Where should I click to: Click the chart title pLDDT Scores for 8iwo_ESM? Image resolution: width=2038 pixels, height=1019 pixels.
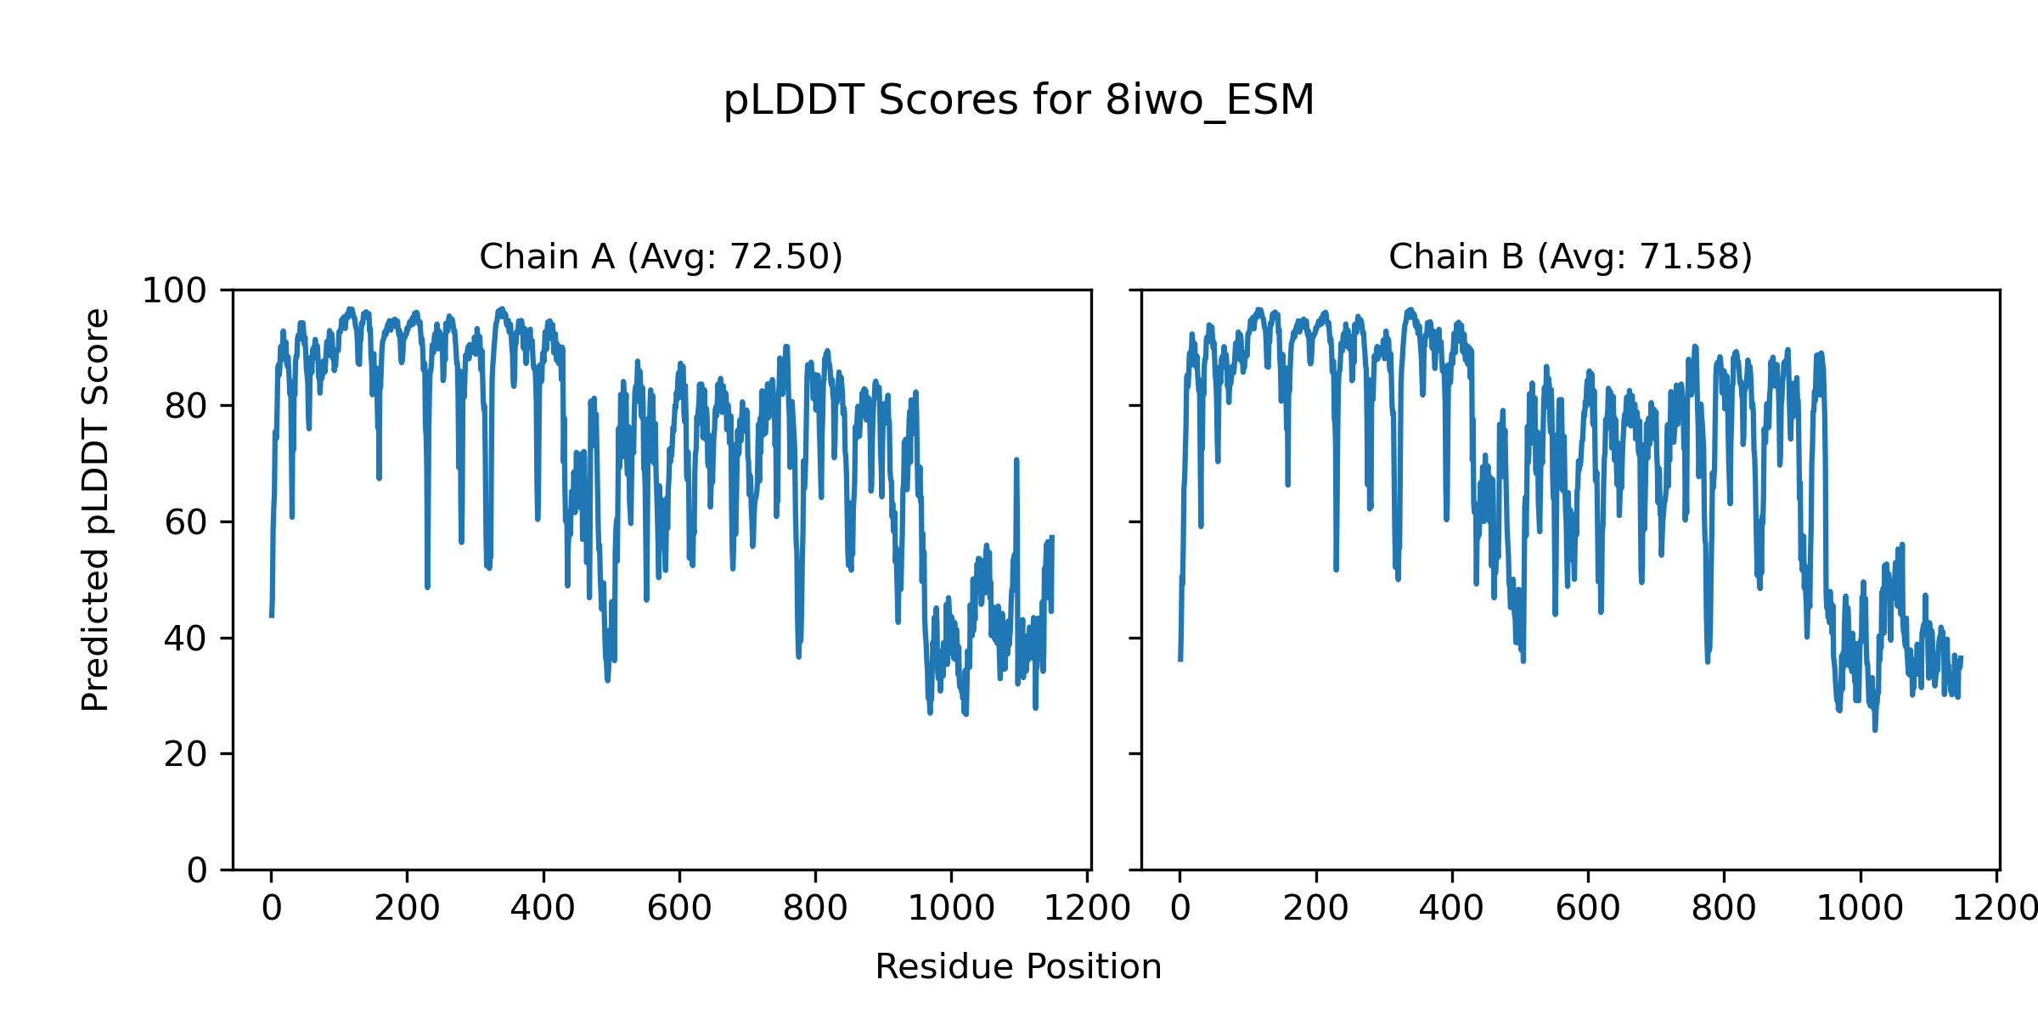[1018, 100]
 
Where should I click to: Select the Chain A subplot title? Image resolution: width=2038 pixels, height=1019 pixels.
[661, 256]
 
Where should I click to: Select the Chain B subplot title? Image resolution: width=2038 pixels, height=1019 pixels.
[1570, 256]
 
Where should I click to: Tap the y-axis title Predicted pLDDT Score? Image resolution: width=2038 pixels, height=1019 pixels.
[95, 509]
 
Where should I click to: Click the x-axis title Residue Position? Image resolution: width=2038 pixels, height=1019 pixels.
[1018, 967]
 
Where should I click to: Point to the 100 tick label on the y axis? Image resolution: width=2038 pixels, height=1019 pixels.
[174, 291]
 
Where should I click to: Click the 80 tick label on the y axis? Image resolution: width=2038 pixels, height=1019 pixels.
[186, 407]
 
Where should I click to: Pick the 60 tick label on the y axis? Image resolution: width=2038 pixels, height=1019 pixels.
[186, 523]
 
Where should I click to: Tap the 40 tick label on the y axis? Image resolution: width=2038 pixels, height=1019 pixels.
[186, 639]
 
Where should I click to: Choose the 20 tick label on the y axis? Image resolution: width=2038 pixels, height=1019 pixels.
[186, 754]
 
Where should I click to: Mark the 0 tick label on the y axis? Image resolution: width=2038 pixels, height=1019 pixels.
[197, 870]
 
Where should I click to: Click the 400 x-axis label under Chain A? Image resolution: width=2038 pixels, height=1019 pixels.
[543, 909]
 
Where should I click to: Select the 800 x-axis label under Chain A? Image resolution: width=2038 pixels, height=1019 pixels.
[815, 909]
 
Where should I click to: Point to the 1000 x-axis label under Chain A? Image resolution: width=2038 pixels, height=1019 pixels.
[951, 909]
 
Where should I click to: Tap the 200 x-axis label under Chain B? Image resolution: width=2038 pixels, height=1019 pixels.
[1316, 909]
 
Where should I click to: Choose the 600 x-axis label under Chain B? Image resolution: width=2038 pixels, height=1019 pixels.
[1588, 909]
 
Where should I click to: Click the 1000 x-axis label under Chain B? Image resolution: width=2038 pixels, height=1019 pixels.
[1861, 909]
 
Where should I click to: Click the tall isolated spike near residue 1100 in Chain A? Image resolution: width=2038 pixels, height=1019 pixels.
[1016, 463]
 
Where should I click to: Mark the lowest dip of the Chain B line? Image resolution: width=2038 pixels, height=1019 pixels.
[1875, 728]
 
